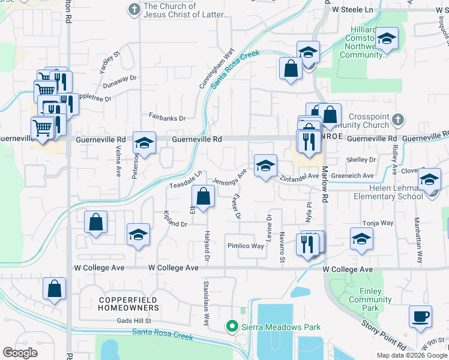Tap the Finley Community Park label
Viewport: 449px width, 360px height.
tap(370, 299)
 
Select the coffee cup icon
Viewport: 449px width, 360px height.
tap(420, 316)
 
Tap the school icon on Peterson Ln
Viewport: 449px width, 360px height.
tap(144, 143)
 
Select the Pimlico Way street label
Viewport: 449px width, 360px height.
tap(246, 246)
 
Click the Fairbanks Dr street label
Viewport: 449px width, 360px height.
tap(167, 118)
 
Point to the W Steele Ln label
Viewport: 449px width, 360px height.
tap(352, 10)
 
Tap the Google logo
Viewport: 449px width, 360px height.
tap(20, 353)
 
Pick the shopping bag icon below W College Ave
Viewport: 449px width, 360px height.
tap(55, 289)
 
